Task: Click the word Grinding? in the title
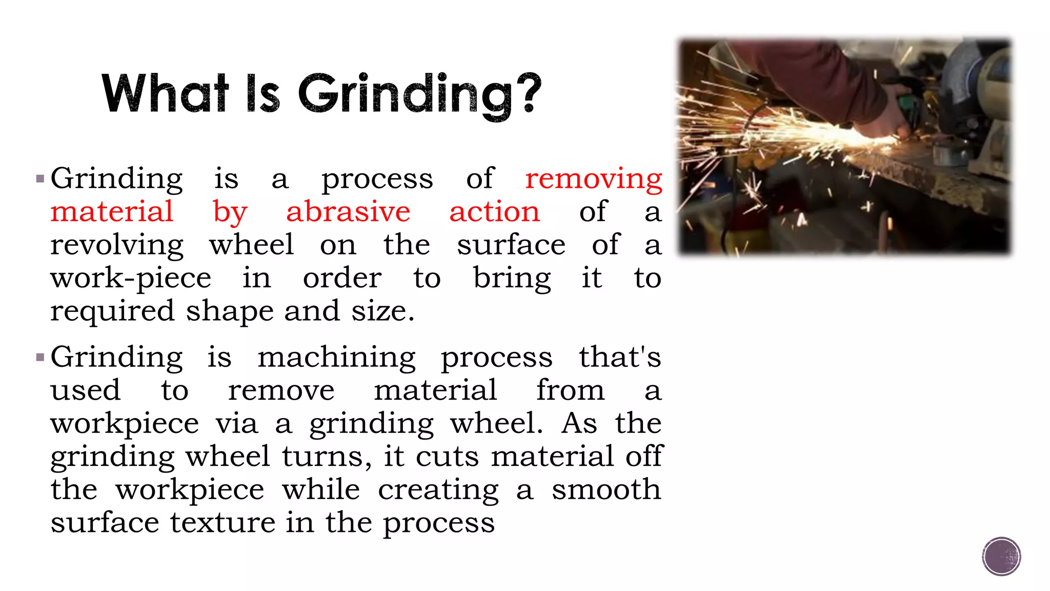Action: (419, 95)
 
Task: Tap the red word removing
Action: (593, 180)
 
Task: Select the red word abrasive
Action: (348, 212)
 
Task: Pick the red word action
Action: (494, 212)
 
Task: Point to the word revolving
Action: (117, 246)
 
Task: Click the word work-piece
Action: (131, 279)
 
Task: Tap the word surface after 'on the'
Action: (511, 245)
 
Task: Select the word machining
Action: (336, 358)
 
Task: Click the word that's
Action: (620, 357)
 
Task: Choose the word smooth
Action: (606, 489)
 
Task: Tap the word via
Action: (236, 424)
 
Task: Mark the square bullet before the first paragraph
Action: (41, 180)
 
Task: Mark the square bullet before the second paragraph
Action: (41, 358)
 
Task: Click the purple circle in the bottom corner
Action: (1001, 556)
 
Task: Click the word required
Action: (112, 312)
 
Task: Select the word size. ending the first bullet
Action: (382, 311)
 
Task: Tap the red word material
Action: (112, 212)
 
